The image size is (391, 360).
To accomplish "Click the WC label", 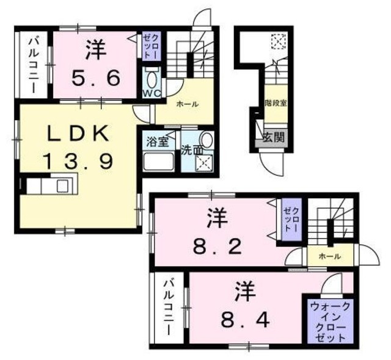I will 152,93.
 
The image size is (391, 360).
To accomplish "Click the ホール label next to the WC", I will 187,104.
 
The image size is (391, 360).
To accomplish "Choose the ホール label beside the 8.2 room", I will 329,257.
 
